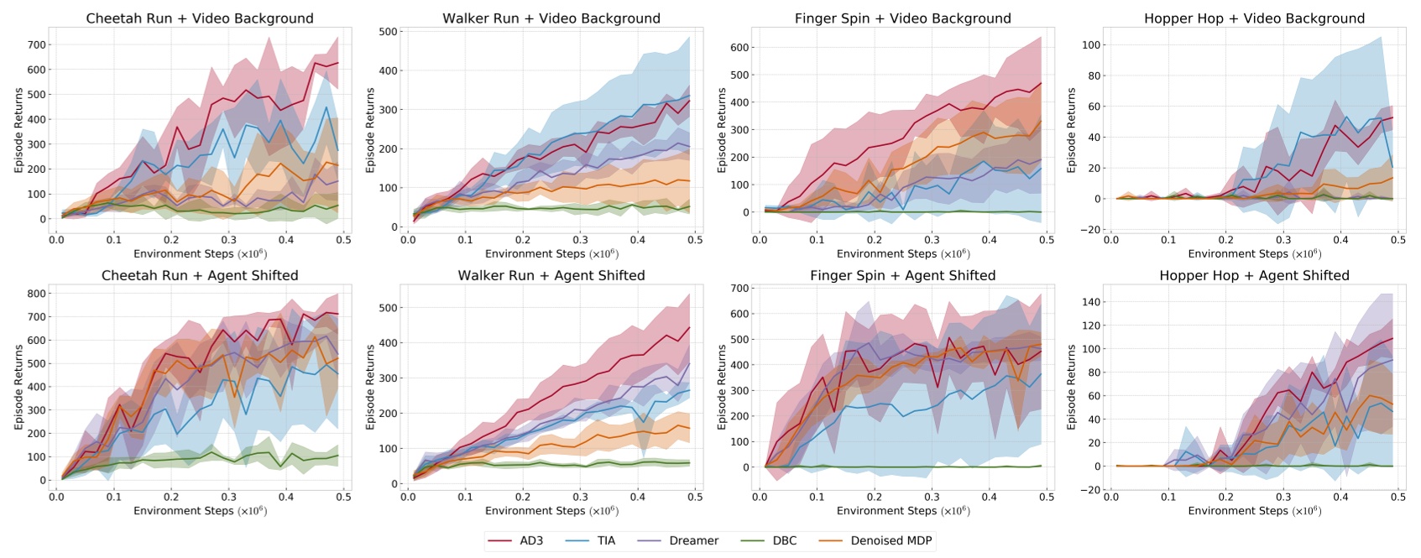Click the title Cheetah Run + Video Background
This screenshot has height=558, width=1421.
click(200, 18)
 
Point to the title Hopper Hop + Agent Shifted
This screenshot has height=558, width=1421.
click(1254, 275)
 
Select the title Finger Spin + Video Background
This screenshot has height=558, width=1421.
click(902, 18)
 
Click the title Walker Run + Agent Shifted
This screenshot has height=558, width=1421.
click(551, 275)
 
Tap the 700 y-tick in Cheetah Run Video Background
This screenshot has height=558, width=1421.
click(37, 44)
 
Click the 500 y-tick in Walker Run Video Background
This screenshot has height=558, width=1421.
click(389, 32)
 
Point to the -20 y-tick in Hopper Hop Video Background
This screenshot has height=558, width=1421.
click(1090, 230)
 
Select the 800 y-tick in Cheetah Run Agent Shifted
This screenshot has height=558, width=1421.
click(37, 294)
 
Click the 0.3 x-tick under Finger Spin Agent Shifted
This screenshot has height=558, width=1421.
click(932, 497)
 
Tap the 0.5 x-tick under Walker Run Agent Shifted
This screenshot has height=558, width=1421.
click(695, 497)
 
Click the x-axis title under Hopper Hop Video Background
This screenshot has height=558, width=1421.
click(1254, 253)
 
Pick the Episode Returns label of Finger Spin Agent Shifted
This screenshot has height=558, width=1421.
click(722, 387)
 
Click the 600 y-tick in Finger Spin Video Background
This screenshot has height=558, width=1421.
click(739, 48)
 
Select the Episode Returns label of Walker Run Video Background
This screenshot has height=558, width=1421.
click(370, 130)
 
